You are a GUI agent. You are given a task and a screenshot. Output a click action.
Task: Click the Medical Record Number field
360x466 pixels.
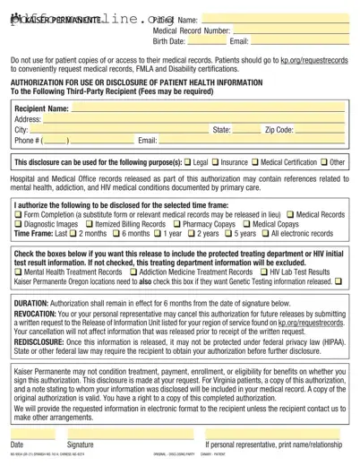(290, 30)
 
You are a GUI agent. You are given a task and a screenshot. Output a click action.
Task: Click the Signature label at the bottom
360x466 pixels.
(80, 444)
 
